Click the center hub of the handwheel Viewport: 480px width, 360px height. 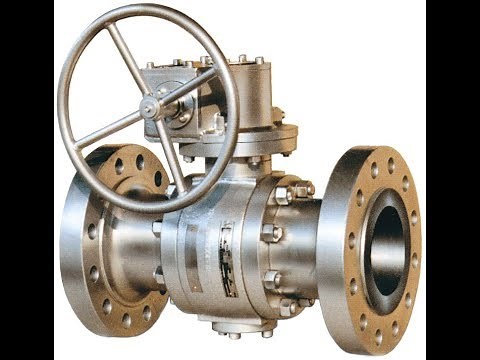pyautogui.click(x=149, y=107)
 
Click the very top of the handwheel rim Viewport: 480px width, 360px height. pyautogui.click(x=150, y=7)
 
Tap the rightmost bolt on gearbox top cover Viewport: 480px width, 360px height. pyautogui.click(x=261, y=62)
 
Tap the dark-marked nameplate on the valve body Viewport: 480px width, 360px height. pyautogui.click(x=227, y=259)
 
